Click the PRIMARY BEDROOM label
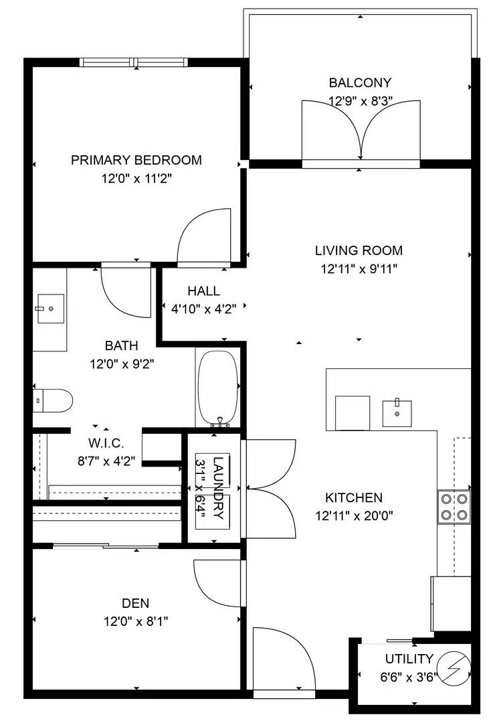pyautogui.click(x=136, y=160)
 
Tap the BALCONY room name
pyautogui.click(x=360, y=82)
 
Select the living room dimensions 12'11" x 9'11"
pyautogui.click(x=359, y=268)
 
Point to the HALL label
pyautogui.click(x=203, y=291)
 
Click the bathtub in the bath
pyautogui.click(x=218, y=389)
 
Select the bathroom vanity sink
pyautogui.click(x=50, y=309)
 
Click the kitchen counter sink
pyautogui.click(x=397, y=413)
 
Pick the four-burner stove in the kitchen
pyautogui.click(x=454, y=507)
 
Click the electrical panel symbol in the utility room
pyautogui.click(x=455, y=667)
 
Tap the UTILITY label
pyautogui.click(x=409, y=659)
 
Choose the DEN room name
pyautogui.click(x=135, y=603)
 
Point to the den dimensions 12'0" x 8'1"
pyautogui.click(x=136, y=621)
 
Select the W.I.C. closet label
pyautogui.click(x=106, y=443)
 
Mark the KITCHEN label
pyautogui.click(x=354, y=497)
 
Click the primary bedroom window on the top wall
pyautogui.click(x=134, y=62)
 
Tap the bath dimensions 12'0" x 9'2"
pyautogui.click(x=122, y=364)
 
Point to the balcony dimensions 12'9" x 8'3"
pyautogui.click(x=361, y=101)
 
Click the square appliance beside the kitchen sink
pyautogui.click(x=353, y=413)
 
